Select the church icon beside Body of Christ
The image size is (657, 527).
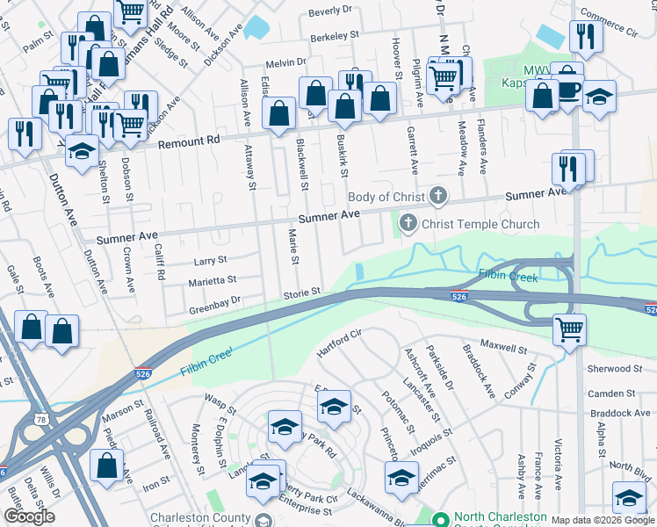pyautogui.click(x=438, y=197)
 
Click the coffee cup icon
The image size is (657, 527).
pyautogui.click(x=567, y=89)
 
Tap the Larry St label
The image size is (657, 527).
pyautogui.click(x=210, y=260)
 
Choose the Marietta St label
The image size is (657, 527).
pyautogui.click(x=212, y=281)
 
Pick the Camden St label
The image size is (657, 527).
pyautogui.click(x=612, y=393)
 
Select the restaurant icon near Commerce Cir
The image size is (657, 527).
pyautogui.click(x=582, y=36)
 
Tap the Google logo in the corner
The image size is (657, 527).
pyautogui.click(x=29, y=516)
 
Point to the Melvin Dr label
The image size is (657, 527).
pyautogui.click(x=285, y=62)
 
